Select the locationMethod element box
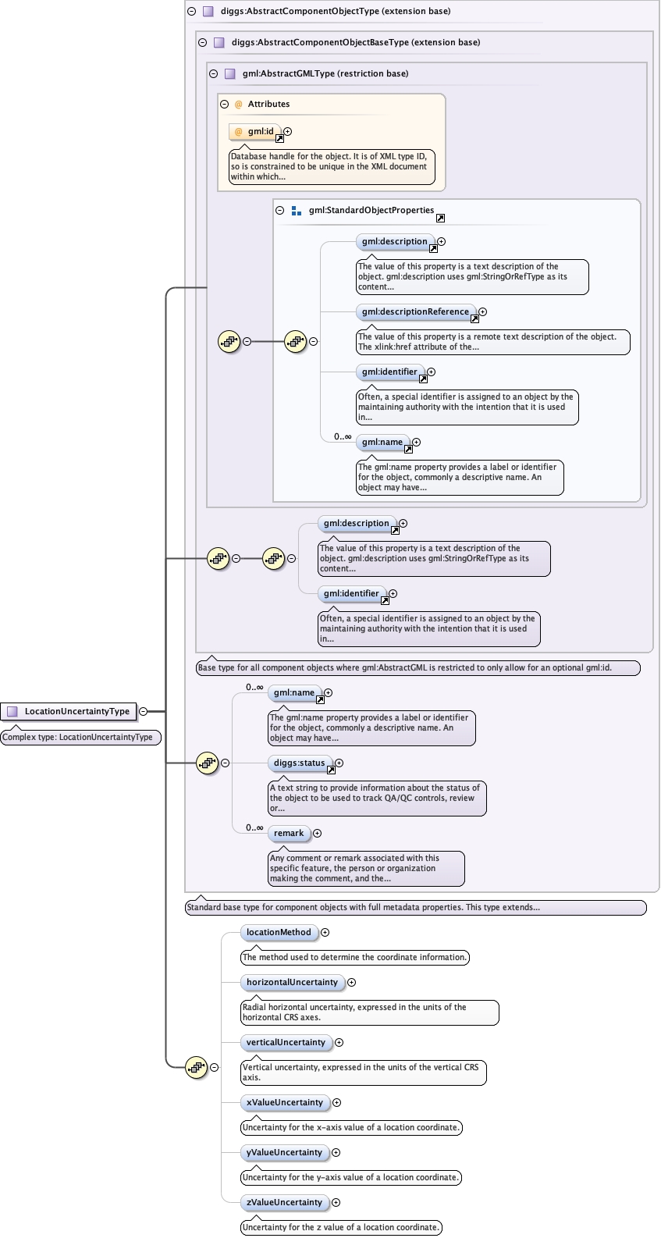click(x=279, y=932)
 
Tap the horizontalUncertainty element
click(x=292, y=982)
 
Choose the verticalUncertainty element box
click(x=286, y=1042)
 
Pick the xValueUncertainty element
click(x=284, y=1102)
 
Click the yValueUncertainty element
click(x=284, y=1152)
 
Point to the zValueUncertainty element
click(x=284, y=1202)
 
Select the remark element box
click(x=289, y=833)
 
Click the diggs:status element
click(x=299, y=763)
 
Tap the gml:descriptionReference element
click(x=415, y=311)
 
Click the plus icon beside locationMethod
click(x=325, y=932)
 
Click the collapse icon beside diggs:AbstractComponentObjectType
click(x=191, y=11)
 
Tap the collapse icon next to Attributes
click(x=224, y=104)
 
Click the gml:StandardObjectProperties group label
click(x=371, y=210)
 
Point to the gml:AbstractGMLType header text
click(x=325, y=73)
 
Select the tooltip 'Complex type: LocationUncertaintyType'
click(x=80, y=737)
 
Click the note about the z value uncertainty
click(x=341, y=1227)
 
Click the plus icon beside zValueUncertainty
click(x=336, y=1202)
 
